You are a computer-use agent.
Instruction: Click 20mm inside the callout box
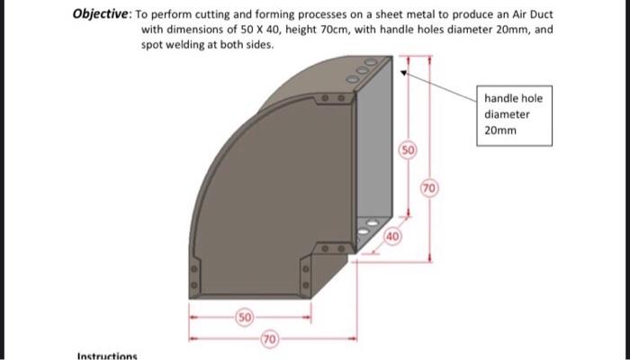(x=500, y=130)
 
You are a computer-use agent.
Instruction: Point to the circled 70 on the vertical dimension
(x=431, y=188)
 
